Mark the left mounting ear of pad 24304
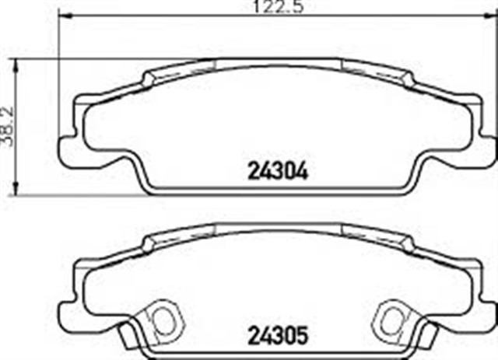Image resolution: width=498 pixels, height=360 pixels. pos(68,145)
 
